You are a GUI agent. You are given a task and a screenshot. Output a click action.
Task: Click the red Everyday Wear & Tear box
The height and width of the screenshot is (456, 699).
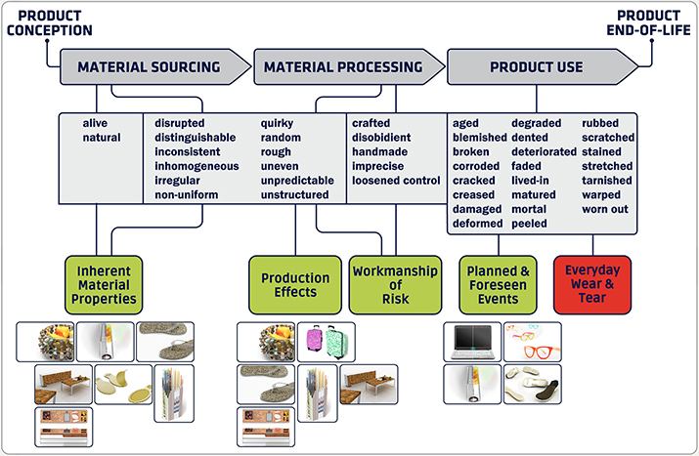click(592, 284)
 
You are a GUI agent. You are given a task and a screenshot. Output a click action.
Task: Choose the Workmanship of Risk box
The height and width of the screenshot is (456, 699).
click(395, 284)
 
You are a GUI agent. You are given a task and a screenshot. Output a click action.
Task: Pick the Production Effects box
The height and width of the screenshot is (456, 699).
click(295, 284)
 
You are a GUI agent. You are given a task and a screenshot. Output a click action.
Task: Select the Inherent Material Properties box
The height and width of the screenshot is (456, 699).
click(104, 284)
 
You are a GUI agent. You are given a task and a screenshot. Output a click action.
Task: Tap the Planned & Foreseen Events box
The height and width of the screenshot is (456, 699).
click(498, 284)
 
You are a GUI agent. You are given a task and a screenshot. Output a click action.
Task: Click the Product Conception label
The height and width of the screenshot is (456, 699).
click(50, 22)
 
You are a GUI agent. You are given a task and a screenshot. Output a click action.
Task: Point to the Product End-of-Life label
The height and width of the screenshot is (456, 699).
click(648, 22)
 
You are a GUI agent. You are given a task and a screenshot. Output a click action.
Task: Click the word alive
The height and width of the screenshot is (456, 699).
click(95, 123)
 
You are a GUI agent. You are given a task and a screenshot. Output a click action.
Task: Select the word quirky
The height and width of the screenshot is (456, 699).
click(277, 123)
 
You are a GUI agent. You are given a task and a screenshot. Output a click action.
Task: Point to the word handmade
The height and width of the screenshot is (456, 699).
click(380, 152)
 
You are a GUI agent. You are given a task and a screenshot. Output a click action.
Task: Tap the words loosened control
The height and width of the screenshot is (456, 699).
click(396, 181)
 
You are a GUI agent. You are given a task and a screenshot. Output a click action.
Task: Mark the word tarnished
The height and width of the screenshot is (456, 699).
click(607, 181)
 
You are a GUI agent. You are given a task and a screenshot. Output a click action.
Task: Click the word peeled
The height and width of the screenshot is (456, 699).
click(529, 224)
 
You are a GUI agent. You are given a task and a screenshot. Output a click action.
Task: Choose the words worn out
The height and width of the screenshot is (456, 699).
click(605, 209)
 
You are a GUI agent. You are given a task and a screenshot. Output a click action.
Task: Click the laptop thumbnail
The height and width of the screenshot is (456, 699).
click(472, 342)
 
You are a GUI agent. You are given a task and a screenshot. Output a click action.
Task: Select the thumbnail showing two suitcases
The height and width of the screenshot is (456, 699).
click(327, 342)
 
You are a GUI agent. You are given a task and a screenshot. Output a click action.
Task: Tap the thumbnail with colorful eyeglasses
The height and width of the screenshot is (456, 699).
click(533, 342)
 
